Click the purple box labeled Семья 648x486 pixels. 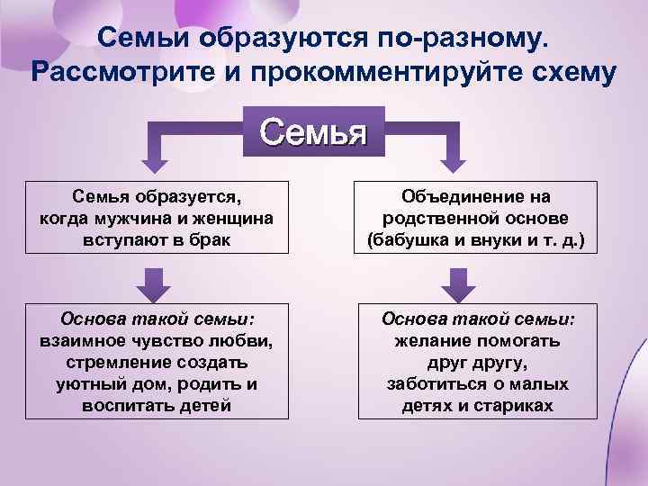click(x=313, y=133)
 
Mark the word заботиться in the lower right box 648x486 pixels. click(x=432, y=384)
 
